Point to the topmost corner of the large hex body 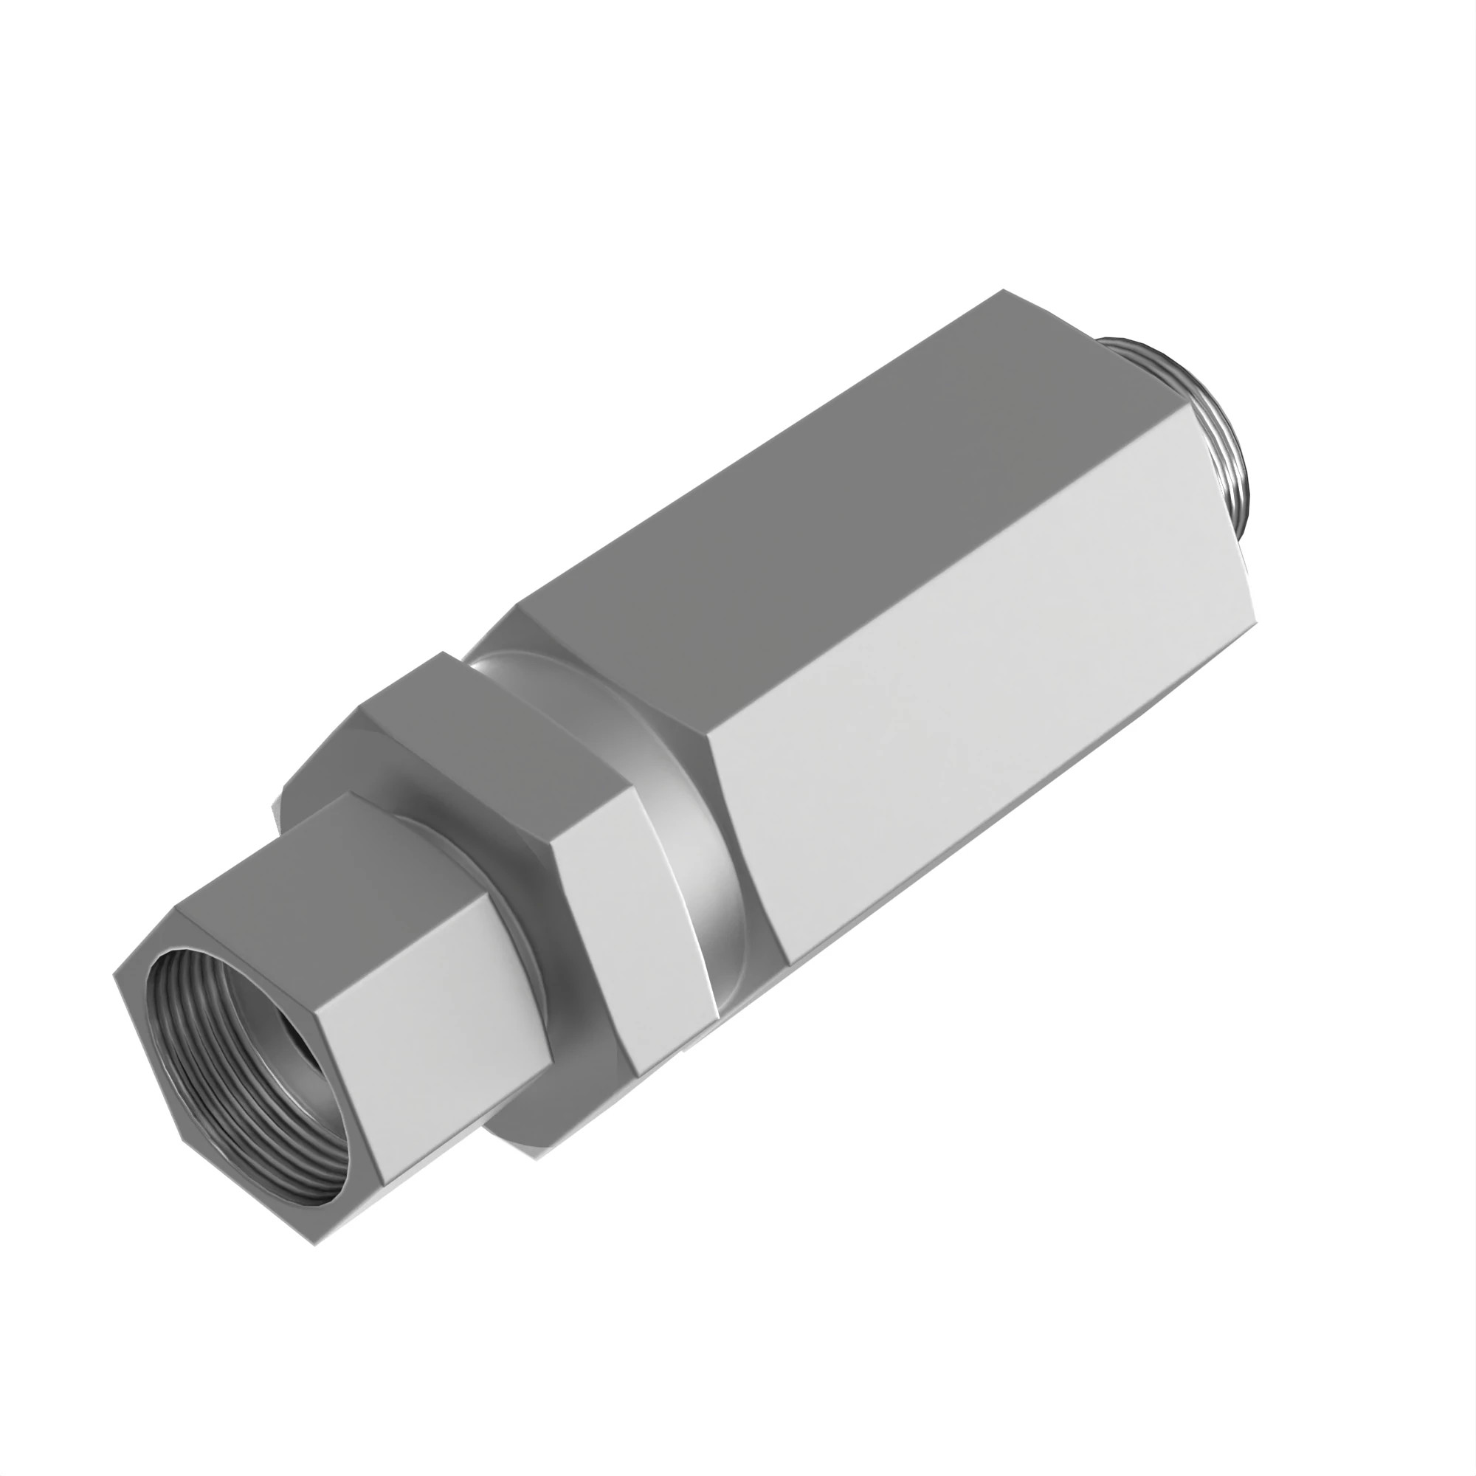pos(1002,289)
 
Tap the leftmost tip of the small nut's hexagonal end pos(114,975)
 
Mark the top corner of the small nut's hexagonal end pos(176,908)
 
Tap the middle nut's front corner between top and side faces pos(552,846)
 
